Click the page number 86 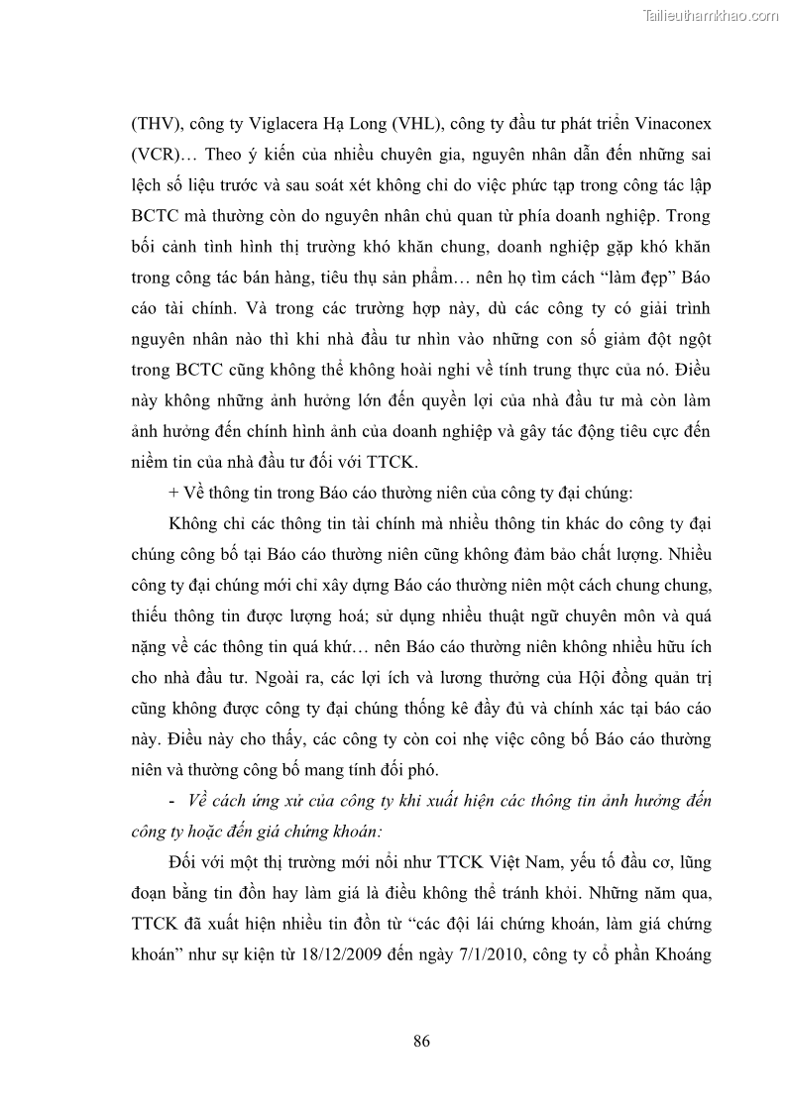coord(420,1041)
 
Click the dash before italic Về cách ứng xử coord(174,802)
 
